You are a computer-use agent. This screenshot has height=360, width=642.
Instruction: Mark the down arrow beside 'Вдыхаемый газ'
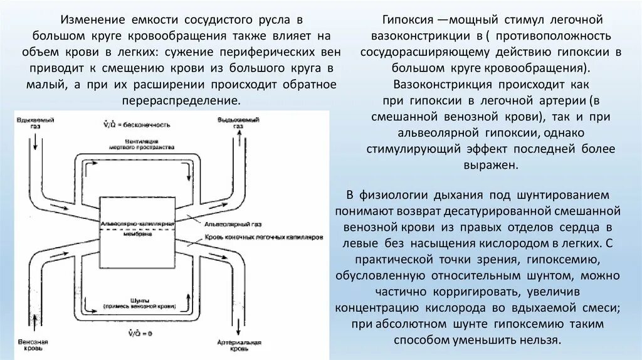click(36, 142)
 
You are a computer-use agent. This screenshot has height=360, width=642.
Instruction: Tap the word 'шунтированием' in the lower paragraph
click(564, 194)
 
